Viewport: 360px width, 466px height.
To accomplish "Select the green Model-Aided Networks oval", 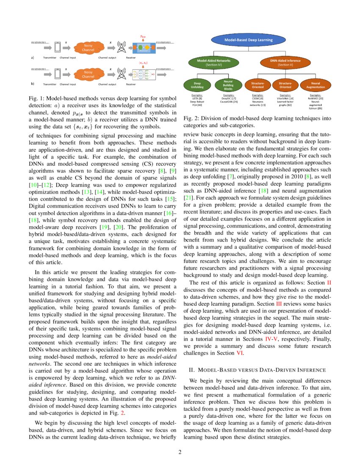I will point(214,63).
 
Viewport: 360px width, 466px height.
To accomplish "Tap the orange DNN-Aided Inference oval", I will point(285,63).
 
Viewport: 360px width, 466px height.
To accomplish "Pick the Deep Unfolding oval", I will point(197,85).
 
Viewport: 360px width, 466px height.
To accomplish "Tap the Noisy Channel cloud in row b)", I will point(88,75).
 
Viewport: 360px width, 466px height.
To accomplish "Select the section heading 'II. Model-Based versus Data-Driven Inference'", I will point(257,370).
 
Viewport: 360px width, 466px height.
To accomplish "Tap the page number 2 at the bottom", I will point(180,452).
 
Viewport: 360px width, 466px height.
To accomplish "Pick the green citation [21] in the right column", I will point(189,197).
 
